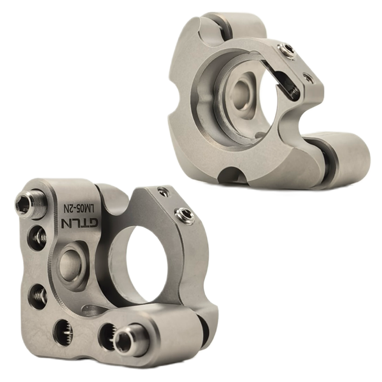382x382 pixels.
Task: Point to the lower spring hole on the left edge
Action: tap(37, 296)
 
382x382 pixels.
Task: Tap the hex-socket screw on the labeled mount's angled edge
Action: tap(184, 215)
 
